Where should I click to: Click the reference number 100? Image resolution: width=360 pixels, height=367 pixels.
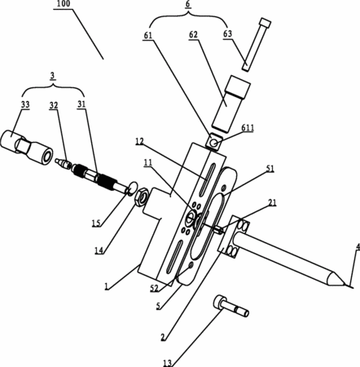[x=64, y=4]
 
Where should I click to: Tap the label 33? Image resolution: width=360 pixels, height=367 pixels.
[x=25, y=104]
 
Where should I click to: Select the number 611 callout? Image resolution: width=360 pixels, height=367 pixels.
[x=247, y=127]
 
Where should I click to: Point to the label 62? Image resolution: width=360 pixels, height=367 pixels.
[x=193, y=35]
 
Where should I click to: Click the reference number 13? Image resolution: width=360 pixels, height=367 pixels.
[x=168, y=363]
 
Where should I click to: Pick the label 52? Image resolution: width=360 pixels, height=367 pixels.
[x=154, y=289]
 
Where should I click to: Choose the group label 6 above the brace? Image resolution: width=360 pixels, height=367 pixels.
[x=188, y=4]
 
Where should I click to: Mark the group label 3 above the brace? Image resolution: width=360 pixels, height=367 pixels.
[x=52, y=76]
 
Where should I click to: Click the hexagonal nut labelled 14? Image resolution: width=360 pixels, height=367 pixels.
[x=141, y=198]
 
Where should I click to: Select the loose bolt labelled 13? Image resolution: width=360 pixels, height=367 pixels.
[x=231, y=306]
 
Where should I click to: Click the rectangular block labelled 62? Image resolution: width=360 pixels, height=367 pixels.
[x=230, y=104]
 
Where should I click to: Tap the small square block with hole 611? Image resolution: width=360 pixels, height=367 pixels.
[x=214, y=142]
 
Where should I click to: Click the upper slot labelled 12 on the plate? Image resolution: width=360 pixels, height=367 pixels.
[x=207, y=179]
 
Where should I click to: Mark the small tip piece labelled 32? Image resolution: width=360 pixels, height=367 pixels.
[x=64, y=163]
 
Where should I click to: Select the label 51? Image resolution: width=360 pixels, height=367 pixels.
[x=270, y=169]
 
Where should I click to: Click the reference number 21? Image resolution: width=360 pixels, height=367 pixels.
[x=272, y=202]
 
